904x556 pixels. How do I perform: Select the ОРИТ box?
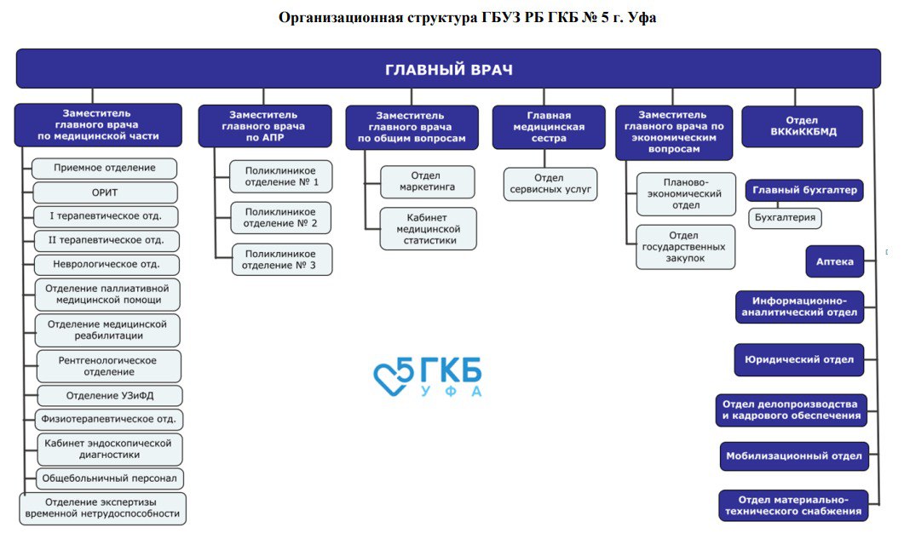(x=105, y=192)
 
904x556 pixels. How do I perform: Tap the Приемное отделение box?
(x=105, y=169)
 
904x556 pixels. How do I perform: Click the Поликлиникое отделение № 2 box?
(x=280, y=218)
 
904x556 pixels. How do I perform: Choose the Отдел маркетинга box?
(x=427, y=181)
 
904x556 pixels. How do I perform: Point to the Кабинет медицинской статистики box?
(x=428, y=229)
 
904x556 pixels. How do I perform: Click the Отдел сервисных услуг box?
(x=550, y=183)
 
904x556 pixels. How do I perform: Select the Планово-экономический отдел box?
(x=685, y=193)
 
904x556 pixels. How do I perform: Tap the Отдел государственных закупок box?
(x=685, y=247)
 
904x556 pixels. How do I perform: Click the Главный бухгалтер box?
(x=803, y=190)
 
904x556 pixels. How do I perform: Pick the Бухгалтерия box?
(x=785, y=218)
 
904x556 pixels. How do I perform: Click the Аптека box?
(x=835, y=261)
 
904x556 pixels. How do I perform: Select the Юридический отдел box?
(x=799, y=359)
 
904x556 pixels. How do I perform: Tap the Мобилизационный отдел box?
(x=793, y=456)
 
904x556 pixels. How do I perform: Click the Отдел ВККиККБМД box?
(x=801, y=126)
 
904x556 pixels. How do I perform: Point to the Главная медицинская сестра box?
(x=548, y=127)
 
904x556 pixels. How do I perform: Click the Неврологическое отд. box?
(x=107, y=265)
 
